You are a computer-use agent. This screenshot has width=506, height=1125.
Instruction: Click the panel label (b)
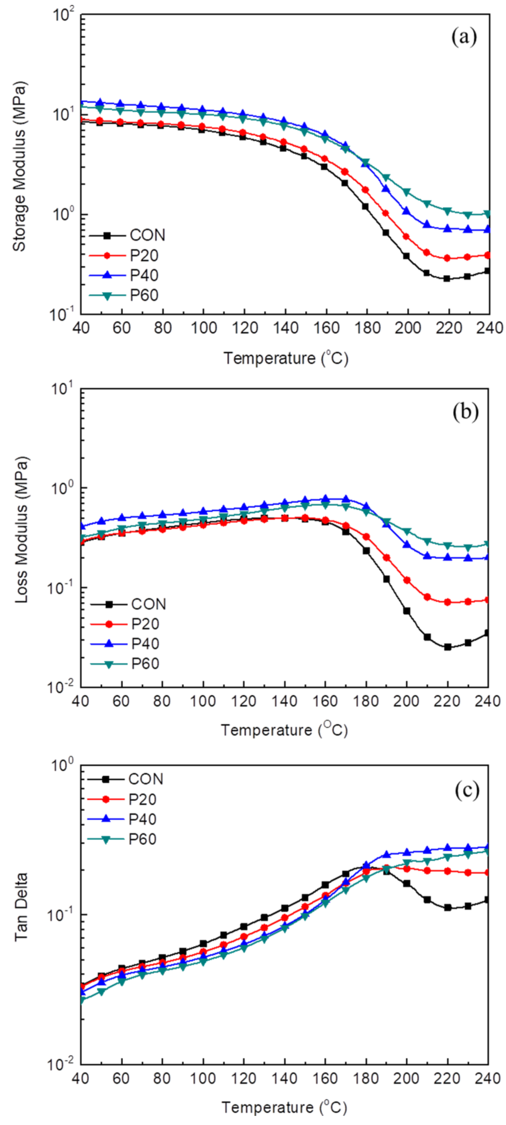[x=465, y=412]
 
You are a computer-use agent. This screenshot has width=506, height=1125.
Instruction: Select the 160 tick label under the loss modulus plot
[x=325, y=701]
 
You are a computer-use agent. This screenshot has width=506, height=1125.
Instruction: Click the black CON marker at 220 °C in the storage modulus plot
[x=447, y=278]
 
